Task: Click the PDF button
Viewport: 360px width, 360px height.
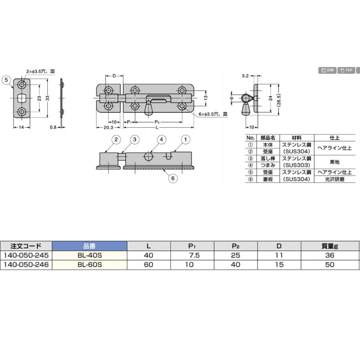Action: pyautogui.click(x=346, y=70)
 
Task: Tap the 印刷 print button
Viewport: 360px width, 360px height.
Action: pyautogui.click(x=327, y=70)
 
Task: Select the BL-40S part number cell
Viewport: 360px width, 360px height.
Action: pyautogui.click(x=90, y=255)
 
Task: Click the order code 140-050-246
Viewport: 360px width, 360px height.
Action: pyautogui.click(x=26, y=265)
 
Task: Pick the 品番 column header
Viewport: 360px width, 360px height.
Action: pyautogui.click(x=90, y=246)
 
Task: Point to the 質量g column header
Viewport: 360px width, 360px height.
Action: pyautogui.click(x=330, y=246)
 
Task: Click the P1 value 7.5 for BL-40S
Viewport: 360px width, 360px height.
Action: pyautogui.click(x=194, y=255)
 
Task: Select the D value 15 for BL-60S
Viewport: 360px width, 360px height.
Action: pyautogui.click(x=279, y=265)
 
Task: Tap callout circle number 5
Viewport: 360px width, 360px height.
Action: pyautogui.click(x=6, y=80)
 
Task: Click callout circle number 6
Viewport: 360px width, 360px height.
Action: pyautogui.click(x=173, y=178)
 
